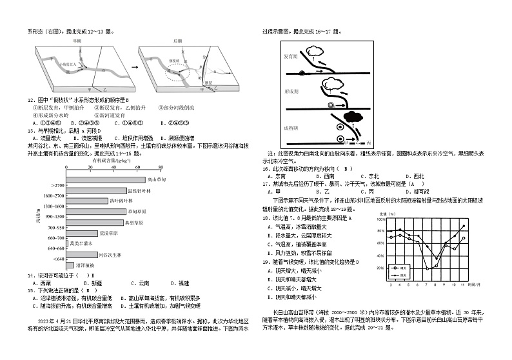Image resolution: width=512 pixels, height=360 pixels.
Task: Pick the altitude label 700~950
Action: pyautogui.click(x=54, y=228)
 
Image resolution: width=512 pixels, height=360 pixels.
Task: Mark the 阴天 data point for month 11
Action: pyautogui.click(x=463, y=226)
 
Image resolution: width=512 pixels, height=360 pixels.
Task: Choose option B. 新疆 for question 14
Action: pyautogui.click(x=92, y=283)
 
